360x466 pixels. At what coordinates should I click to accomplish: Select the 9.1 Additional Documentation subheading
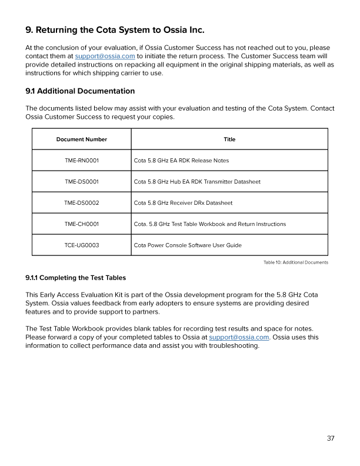coord(80,91)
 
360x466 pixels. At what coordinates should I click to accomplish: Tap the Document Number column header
coord(82,139)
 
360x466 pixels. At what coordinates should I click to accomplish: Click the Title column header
coord(229,139)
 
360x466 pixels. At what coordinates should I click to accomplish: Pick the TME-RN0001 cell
coord(82,161)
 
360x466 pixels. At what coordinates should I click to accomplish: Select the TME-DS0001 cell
coord(82,182)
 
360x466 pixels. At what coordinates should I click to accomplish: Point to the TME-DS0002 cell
coord(82,203)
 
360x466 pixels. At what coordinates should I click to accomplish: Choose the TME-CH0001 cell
coord(82,224)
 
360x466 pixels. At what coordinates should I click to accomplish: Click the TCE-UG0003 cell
coord(82,245)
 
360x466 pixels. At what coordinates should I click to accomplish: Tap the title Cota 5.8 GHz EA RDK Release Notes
coord(181,161)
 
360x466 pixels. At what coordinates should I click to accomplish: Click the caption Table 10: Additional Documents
coord(295,262)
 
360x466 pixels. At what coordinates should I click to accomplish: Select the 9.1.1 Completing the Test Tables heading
coord(75,277)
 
